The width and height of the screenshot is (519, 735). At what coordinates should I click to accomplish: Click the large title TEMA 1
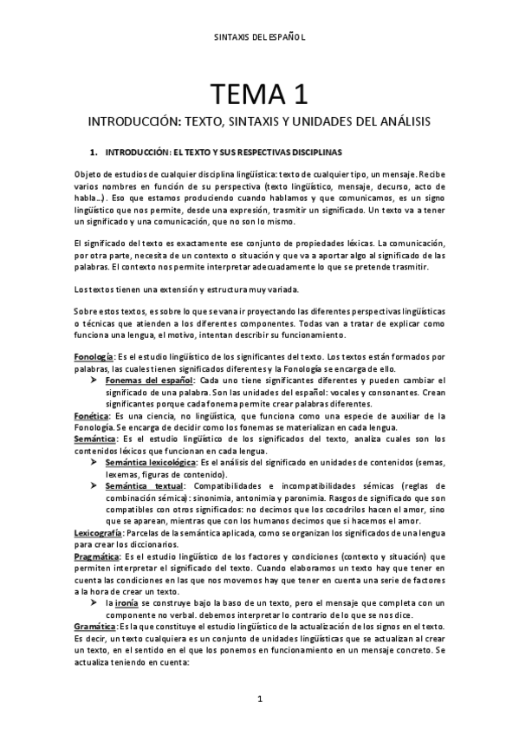pos(259,91)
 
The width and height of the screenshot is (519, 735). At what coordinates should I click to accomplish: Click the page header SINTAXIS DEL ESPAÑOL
pos(259,37)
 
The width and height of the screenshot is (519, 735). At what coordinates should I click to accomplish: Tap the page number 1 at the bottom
pos(259,698)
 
